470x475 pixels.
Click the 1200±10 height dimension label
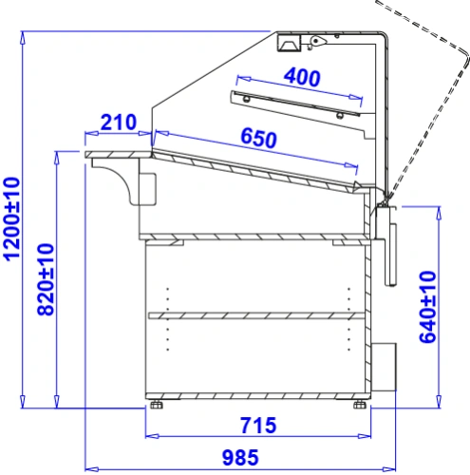point(12,219)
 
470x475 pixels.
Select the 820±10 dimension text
point(46,279)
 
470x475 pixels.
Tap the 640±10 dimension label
point(427,307)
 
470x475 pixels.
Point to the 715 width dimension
point(258,426)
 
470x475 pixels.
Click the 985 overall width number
point(240,458)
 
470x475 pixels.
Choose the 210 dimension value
point(119,123)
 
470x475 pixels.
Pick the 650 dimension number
point(259,138)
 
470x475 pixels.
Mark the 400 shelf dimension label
point(302,77)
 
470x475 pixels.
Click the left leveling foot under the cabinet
point(157,405)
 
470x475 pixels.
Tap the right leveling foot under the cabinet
point(360,405)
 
